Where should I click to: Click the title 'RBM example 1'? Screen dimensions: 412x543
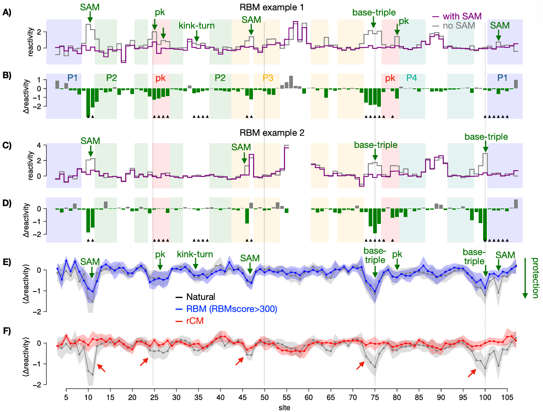click(272, 7)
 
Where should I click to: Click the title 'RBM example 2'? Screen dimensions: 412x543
click(272, 133)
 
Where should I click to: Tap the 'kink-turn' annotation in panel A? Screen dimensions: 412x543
click(196, 26)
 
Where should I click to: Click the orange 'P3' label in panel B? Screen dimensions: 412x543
click(268, 78)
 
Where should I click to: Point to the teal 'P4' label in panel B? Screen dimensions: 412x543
click(411, 78)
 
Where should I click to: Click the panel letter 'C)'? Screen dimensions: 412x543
click(7, 145)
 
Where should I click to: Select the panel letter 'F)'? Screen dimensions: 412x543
click(7, 331)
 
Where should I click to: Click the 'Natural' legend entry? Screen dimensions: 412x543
click(200, 297)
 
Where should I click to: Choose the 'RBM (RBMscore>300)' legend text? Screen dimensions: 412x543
click(231, 309)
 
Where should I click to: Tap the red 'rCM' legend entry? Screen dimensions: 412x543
click(195, 321)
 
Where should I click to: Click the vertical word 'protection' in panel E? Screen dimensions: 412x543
click(535, 278)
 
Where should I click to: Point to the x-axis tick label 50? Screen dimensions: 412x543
click(264, 397)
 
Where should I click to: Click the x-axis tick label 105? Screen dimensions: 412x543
click(507, 397)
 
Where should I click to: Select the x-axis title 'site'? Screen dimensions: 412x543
click(284, 408)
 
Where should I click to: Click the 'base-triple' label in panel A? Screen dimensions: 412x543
click(374, 13)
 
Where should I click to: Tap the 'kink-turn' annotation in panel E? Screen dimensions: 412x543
click(195, 254)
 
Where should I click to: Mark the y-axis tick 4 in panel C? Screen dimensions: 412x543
click(39, 145)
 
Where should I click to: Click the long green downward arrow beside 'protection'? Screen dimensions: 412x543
click(525, 278)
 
